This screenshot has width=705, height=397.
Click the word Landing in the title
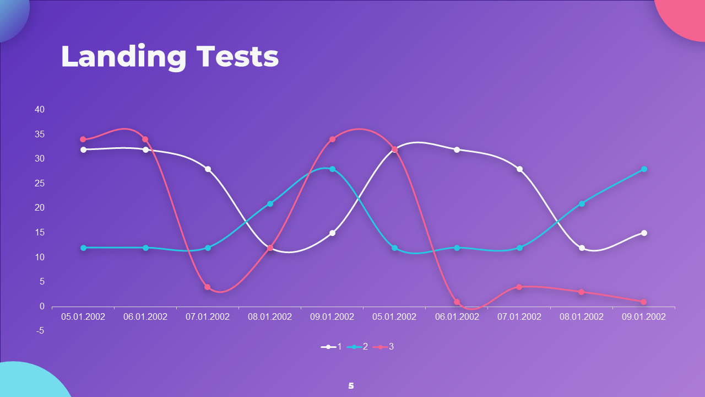click(x=124, y=57)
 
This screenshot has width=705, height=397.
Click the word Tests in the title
click(x=237, y=56)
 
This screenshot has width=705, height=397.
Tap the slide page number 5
click(x=351, y=385)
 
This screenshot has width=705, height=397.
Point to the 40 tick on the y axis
click(x=40, y=110)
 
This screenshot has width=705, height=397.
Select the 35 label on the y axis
click(x=40, y=134)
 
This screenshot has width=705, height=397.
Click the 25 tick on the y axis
click(x=40, y=184)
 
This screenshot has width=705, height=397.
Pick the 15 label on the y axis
click(x=40, y=233)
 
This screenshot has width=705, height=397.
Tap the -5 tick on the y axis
click(x=40, y=331)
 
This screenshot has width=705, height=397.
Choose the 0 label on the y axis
click(x=42, y=306)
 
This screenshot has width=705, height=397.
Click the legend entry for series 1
click(x=331, y=347)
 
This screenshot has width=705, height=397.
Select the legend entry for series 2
click(x=357, y=347)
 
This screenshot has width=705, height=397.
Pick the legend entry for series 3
click(x=383, y=347)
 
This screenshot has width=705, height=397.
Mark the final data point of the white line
click(x=644, y=233)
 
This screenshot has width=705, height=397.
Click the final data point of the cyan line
click(x=644, y=169)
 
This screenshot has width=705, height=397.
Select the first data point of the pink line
click(x=83, y=140)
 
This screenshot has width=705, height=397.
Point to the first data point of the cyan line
click(x=83, y=248)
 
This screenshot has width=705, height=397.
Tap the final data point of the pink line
click(x=644, y=302)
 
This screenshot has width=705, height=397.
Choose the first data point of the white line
click(x=83, y=149)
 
